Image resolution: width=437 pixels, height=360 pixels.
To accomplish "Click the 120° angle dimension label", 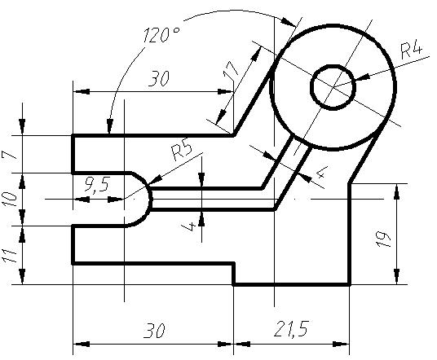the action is click(161, 34).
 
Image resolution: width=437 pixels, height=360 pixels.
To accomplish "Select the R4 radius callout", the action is click(411, 50).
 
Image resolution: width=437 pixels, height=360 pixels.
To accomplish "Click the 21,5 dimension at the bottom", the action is click(291, 329).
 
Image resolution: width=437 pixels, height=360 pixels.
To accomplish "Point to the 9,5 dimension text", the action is click(98, 185).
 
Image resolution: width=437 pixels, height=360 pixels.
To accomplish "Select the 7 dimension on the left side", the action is click(8, 155).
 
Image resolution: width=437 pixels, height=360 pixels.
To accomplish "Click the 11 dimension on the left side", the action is click(10, 256).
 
